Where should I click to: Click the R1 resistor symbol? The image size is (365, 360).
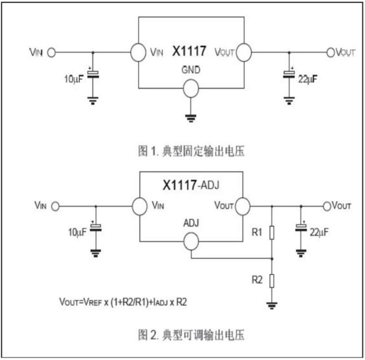272,232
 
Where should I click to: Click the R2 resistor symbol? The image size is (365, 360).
272,281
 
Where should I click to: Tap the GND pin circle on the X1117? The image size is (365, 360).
191,88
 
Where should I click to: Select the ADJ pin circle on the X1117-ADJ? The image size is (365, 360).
191,241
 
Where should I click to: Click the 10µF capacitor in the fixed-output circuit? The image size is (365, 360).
93,75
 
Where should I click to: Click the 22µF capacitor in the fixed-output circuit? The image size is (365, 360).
289,74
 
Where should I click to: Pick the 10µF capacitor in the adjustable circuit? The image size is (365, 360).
95,227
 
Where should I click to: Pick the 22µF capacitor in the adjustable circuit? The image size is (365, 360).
301,227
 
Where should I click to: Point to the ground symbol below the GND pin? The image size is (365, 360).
191,118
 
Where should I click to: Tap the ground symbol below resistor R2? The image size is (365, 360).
272,305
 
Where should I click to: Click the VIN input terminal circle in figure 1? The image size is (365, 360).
52,52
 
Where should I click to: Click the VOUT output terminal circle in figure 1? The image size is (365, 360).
331,52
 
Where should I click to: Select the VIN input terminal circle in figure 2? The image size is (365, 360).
55,206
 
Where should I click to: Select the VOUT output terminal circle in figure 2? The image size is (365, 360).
327,206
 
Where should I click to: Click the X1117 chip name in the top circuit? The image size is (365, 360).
189,51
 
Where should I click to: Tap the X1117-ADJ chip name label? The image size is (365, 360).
191,185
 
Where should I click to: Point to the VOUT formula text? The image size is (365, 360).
123,302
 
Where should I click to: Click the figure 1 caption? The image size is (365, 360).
191,151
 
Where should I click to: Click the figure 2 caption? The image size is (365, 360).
191,335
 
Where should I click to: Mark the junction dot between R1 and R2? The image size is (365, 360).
272,258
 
